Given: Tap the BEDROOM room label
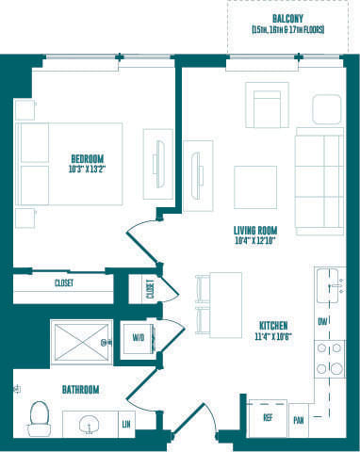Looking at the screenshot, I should point(87,158).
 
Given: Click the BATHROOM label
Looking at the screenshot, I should point(80,388).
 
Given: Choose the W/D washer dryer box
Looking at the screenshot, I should point(138,337).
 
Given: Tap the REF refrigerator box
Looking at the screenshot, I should point(268,417).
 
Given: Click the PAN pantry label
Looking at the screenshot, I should point(299,420).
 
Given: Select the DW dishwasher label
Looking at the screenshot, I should point(323,321).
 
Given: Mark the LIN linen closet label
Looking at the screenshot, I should point(125,426).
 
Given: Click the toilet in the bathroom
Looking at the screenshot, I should point(39,417).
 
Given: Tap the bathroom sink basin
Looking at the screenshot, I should point(90,425).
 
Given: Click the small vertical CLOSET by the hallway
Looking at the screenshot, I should point(149,289).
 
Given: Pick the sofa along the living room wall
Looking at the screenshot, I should point(320,181).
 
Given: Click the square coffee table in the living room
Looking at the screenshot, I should point(255,186).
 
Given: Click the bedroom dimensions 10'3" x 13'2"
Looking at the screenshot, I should point(87,169).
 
